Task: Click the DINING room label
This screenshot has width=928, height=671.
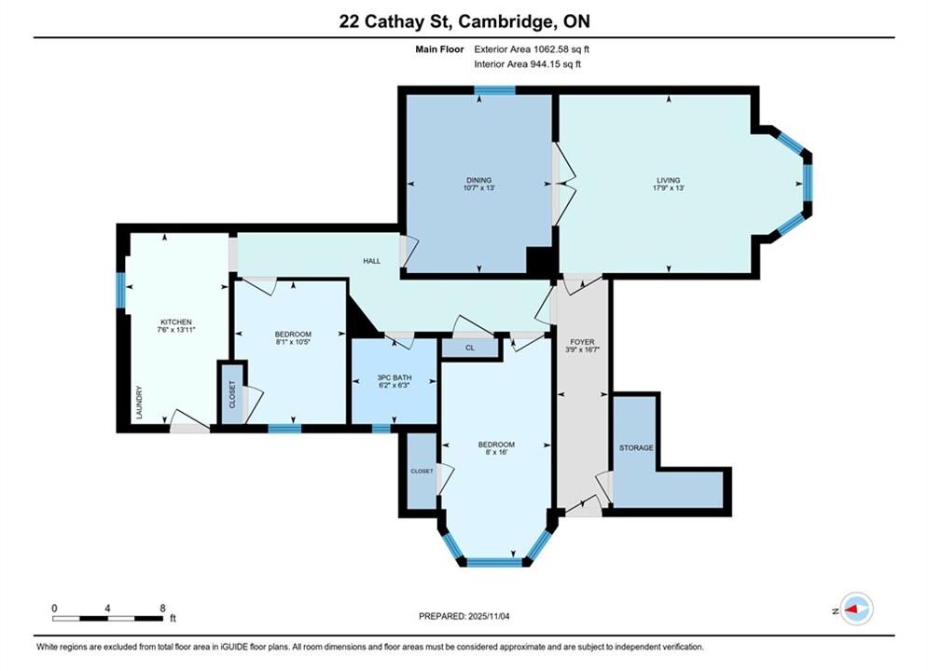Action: tap(478, 180)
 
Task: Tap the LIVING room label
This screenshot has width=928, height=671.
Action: tap(668, 180)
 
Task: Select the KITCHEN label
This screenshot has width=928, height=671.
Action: tap(176, 322)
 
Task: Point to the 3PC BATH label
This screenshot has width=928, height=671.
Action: tap(395, 377)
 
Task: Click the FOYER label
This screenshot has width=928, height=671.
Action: tap(582, 342)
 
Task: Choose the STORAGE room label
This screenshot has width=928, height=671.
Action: tap(636, 448)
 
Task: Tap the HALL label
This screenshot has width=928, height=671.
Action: tap(372, 261)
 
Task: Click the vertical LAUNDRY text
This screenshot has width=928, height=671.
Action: tap(140, 403)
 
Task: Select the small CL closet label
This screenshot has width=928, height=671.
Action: tap(470, 349)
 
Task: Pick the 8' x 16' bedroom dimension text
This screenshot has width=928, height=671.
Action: tap(496, 452)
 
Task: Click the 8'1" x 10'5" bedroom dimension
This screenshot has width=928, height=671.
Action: tap(293, 342)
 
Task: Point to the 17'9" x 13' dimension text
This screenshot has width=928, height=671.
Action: tap(668, 188)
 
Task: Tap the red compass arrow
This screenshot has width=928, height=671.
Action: tap(852, 609)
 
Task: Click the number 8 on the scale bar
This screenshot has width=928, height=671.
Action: tap(163, 608)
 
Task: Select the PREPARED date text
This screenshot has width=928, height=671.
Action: tap(464, 616)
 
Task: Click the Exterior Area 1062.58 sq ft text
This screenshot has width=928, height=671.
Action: tap(532, 49)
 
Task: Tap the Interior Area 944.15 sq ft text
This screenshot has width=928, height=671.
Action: tap(527, 64)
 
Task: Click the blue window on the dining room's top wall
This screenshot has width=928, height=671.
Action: tap(494, 90)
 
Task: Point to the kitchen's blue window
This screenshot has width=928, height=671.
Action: tap(120, 290)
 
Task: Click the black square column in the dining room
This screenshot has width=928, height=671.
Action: tap(539, 261)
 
